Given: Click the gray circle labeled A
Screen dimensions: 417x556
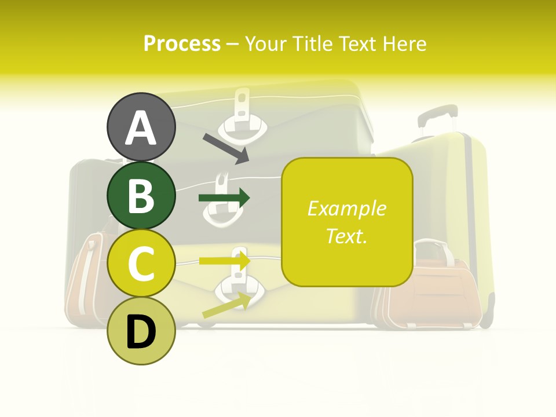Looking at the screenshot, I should [141, 127].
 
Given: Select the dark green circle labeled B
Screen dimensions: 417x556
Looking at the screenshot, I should [141, 195].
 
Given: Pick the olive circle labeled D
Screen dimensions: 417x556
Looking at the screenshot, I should [141, 331].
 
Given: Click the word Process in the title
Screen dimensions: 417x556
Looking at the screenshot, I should [182, 44].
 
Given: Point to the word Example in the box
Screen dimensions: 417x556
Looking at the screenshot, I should [346, 209].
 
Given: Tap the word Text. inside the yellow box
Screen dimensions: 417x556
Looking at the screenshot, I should [346, 236].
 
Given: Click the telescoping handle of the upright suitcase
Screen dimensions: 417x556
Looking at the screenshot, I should [436, 119].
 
